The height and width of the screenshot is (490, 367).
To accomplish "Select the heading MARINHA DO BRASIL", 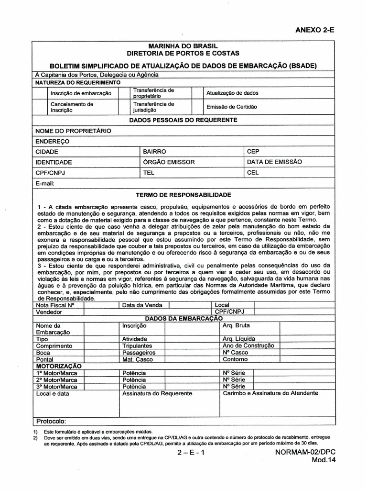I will pyautogui.click(x=183, y=45).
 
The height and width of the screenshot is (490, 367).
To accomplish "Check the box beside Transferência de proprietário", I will pyautogui.click(x=124, y=93).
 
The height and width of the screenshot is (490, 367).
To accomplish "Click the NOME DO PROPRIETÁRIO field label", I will pyautogui.click(x=73, y=130).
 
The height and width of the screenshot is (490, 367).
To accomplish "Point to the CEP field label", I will pyautogui.click(x=253, y=151).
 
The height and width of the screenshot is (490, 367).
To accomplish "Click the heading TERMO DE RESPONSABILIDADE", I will pyautogui.click(x=183, y=195).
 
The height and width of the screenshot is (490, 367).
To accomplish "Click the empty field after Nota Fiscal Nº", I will pyautogui.click(x=100, y=305).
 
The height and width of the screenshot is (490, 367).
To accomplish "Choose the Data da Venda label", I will pyautogui.click(x=142, y=305).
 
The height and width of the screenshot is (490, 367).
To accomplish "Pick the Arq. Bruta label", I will pyautogui.click(x=236, y=325).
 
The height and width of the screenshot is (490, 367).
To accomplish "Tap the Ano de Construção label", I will pyautogui.click(x=248, y=345).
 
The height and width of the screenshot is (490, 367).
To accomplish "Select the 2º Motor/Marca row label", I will pyautogui.click(x=56, y=379).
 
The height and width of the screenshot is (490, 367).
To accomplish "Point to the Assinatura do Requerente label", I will pyautogui.click(x=157, y=393).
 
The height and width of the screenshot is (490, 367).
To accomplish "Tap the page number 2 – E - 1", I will pyautogui.click(x=190, y=453).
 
